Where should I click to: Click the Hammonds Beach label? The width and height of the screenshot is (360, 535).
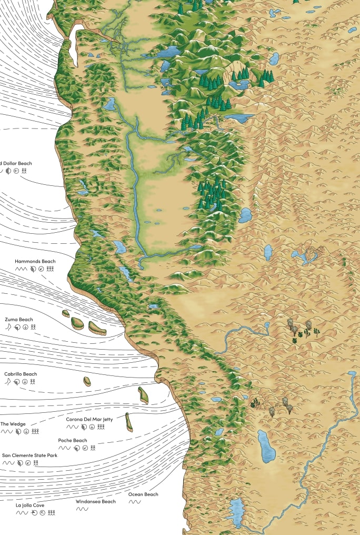pos(35,261)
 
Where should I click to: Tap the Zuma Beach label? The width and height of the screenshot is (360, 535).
pos(18,319)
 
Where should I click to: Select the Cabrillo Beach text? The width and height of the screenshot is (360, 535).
pos(21,374)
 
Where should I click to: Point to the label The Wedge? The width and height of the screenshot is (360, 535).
pos(13,424)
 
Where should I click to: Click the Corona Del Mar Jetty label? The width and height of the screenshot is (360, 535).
pos(87,419)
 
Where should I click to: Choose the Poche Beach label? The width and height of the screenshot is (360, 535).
pos(73,440)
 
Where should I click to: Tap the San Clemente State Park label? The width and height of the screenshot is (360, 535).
pos(29,455)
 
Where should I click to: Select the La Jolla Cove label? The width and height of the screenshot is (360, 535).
pos(30,505)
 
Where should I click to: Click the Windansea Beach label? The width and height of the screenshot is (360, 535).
pos(95,501)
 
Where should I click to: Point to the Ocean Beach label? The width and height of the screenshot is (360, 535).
pos(143,494)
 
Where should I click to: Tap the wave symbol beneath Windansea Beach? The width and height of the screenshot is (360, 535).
pos(82,509)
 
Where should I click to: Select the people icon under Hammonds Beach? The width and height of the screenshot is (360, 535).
pos(50,269)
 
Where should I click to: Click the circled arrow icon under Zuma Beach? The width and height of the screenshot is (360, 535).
pos(25,326)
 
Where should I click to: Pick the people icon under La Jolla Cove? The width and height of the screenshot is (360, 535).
pos(51,512)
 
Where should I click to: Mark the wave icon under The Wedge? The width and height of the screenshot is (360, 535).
pos(7,431)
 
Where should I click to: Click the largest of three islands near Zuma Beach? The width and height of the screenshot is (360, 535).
pos(97,329)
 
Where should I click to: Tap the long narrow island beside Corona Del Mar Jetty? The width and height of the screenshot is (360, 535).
pos(128,422)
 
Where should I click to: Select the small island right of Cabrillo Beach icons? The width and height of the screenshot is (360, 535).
pos(87,381)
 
